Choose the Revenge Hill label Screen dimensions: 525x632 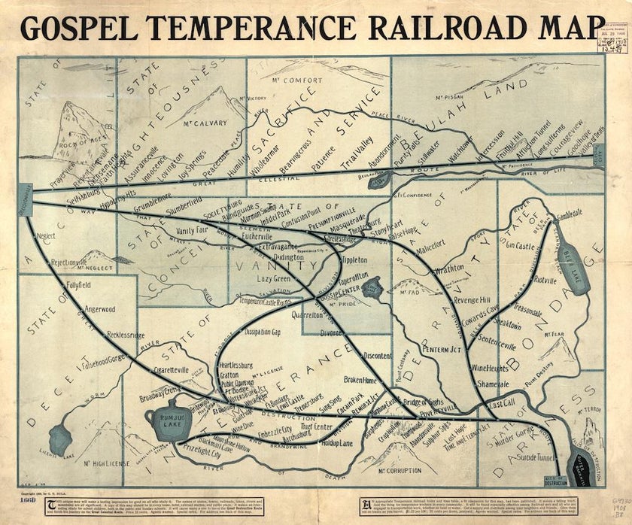(x=471, y=299)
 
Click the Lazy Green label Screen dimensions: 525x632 (x=274, y=278)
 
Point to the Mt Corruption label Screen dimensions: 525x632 (x=398, y=471)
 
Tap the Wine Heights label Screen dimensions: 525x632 (x=490, y=369)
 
